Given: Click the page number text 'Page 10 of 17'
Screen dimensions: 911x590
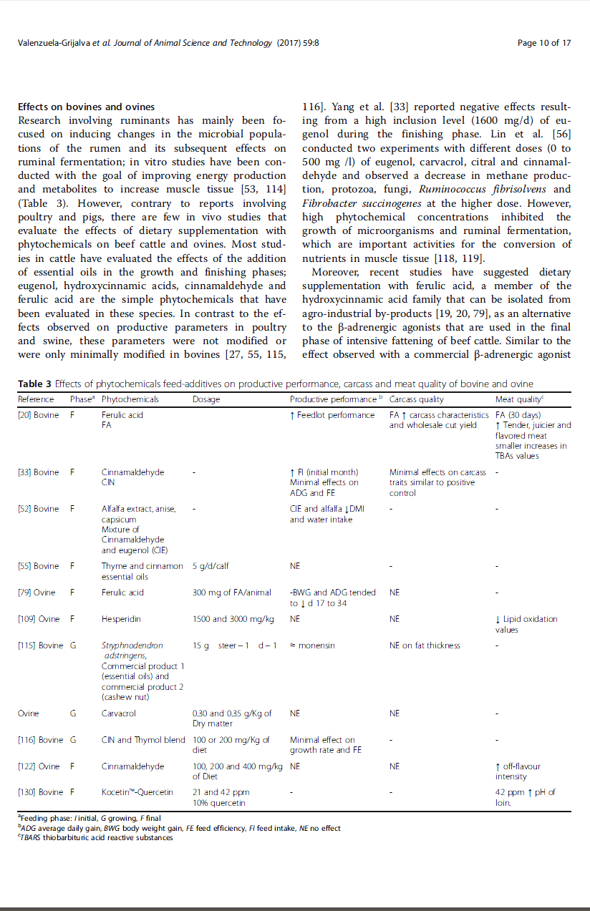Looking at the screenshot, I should pos(544,43).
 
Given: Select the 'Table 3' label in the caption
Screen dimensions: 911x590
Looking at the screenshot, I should pos(34,384).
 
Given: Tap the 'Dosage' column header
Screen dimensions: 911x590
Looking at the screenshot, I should pos(206,399).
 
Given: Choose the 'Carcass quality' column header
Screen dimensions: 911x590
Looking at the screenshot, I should pos(416,399).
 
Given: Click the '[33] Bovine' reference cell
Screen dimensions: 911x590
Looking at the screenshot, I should pos(38,472).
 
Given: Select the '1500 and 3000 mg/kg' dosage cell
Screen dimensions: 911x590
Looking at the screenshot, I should pos(233,619).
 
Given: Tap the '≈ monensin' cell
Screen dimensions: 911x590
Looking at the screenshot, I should pos(312,646).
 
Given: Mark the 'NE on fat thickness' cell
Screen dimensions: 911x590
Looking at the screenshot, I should pos(425,646).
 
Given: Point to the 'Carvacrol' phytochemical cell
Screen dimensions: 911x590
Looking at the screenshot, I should pos(118,713).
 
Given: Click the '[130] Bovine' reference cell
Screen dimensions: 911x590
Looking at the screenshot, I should pos(40,792).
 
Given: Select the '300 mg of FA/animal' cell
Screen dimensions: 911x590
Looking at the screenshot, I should pos(232,593).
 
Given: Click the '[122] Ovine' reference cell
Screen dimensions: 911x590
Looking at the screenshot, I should pos(39,766).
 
